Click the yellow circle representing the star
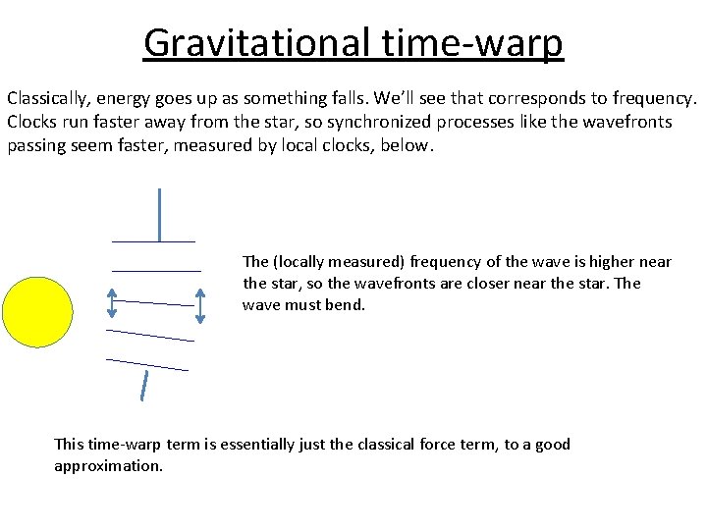pos(37,312)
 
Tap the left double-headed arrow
pos(112,303)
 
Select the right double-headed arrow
pos(201,305)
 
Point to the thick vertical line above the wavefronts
pos(159,214)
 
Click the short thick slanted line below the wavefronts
pos(145,386)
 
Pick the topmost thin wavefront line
pos(153,241)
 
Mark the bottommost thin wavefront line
pos(147,364)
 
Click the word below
pos(408,145)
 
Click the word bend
pos(345,305)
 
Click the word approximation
pos(108,466)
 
